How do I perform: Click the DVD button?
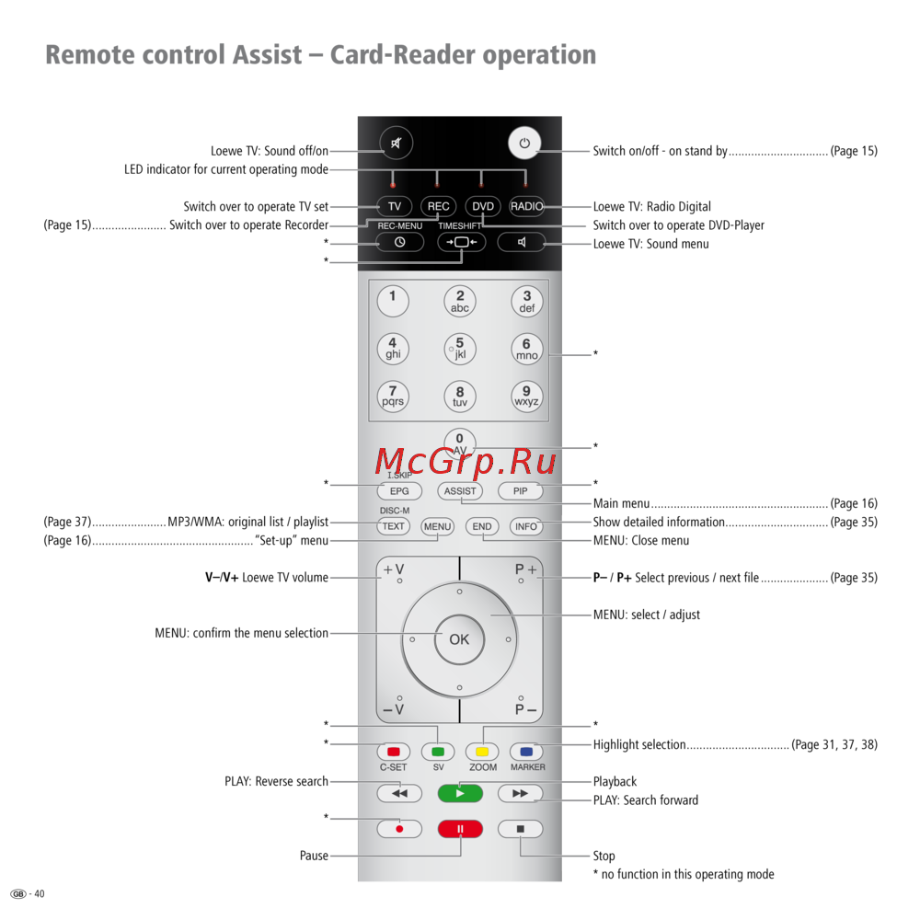(482, 206)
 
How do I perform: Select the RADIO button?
(527, 206)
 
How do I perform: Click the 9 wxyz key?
(527, 396)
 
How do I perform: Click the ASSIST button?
(460, 491)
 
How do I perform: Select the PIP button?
(521, 491)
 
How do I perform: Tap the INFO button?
(526, 527)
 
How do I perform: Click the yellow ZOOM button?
(482, 752)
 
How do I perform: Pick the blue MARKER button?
(526, 752)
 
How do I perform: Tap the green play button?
(460, 793)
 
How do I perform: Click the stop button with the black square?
(521, 829)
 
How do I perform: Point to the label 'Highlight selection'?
(639, 745)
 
